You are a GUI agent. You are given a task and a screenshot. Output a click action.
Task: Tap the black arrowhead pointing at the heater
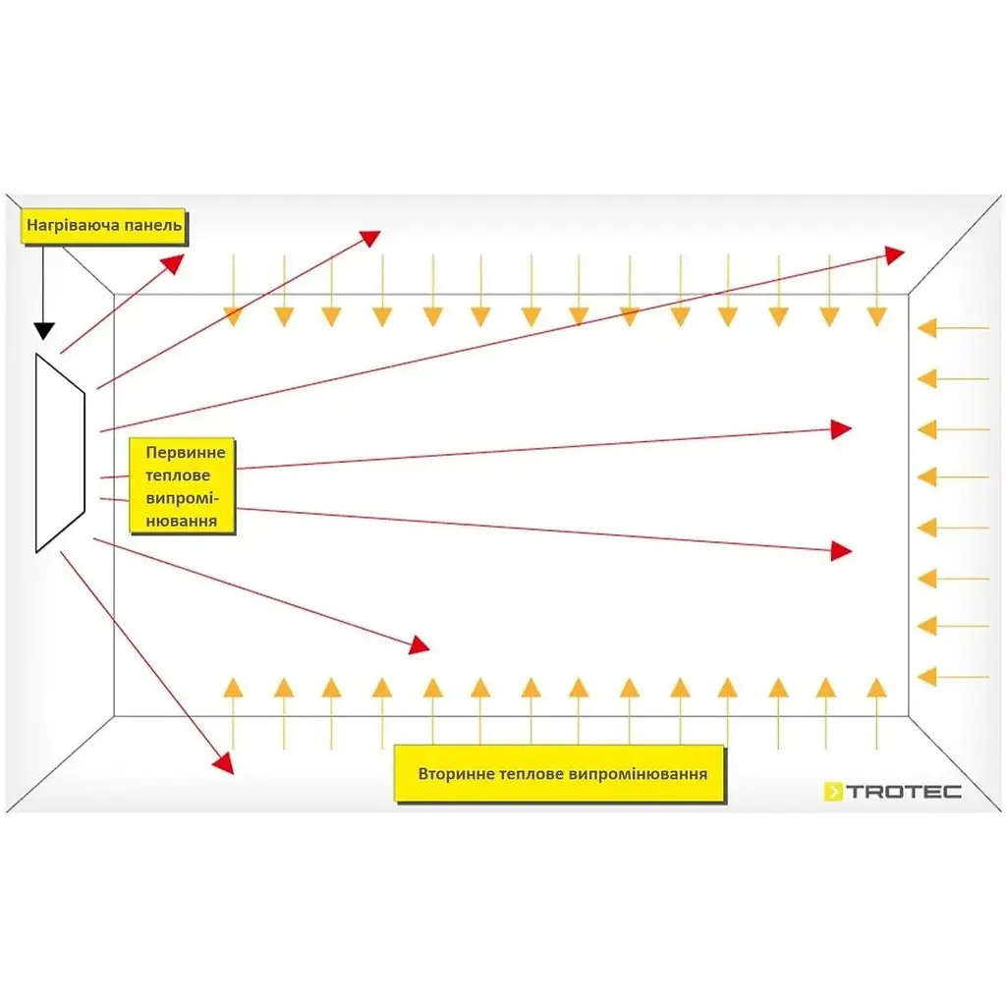pyautogui.click(x=43, y=331)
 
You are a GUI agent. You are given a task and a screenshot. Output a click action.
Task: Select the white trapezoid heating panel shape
pyautogui.click(x=60, y=452)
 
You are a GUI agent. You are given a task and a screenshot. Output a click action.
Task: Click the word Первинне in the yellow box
pyautogui.click(x=186, y=452)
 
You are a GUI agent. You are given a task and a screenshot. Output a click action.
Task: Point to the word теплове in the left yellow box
pyautogui.click(x=178, y=475)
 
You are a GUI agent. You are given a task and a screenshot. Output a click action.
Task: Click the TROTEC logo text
pyautogui.click(x=904, y=792)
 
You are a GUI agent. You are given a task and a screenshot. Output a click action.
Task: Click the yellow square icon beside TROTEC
pyautogui.click(x=833, y=792)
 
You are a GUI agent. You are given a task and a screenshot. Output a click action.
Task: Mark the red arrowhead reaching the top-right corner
pyautogui.click(x=894, y=254)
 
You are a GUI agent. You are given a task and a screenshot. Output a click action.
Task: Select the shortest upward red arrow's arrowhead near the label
pyautogui.click(x=173, y=263)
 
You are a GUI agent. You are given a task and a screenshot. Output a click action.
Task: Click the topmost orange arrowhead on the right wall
pyautogui.click(x=927, y=328)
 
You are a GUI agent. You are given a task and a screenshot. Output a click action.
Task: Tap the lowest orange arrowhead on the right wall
pyautogui.click(x=927, y=676)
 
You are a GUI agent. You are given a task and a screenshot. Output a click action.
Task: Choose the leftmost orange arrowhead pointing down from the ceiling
pyautogui.click(x=233, y=317)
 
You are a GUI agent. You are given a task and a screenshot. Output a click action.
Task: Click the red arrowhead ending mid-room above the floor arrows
pyautogui.click(x=419, y=644)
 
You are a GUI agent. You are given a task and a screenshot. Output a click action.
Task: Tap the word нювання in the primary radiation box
pyautogui.click(x=182, y=521)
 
